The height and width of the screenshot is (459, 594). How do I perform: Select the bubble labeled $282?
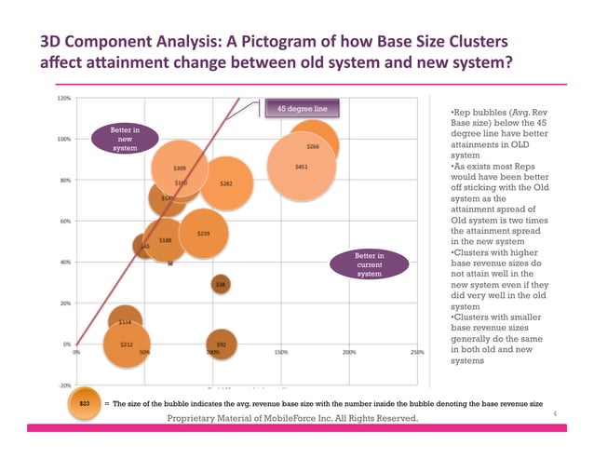point(224,183)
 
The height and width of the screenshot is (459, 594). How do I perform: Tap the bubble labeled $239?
point(202,233)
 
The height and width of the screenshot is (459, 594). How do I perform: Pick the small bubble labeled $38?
point(221,284)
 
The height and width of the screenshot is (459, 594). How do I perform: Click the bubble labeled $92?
point(221,344)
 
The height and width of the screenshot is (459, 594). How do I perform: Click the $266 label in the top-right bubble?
point(314,146)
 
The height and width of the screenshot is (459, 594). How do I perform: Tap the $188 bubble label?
point(164,240)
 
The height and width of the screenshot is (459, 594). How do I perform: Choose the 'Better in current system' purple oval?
point(370,264)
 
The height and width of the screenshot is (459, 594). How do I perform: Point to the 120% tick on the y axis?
point(64,98)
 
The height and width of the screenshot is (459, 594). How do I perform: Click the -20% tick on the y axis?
point(64,385)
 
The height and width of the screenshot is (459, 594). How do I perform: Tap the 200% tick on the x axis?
point(349,353)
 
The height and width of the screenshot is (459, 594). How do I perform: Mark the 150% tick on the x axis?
point(280,353)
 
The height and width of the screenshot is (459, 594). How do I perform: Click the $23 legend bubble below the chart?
point(84,404)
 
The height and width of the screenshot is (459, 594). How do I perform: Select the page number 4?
point(555,412)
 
